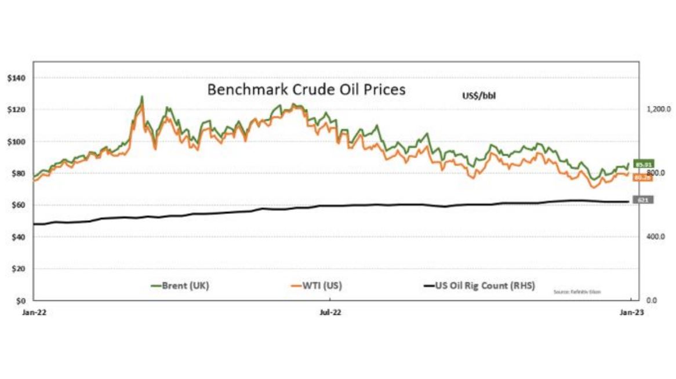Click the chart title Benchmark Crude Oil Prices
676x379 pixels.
point(306,90)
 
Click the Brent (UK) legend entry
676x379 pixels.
point(179,286)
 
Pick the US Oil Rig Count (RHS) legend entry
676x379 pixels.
point(479,286)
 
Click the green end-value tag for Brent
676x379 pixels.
point(644,165)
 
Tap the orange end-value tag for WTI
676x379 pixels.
point(643,177)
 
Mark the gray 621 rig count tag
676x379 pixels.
point(643,200)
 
